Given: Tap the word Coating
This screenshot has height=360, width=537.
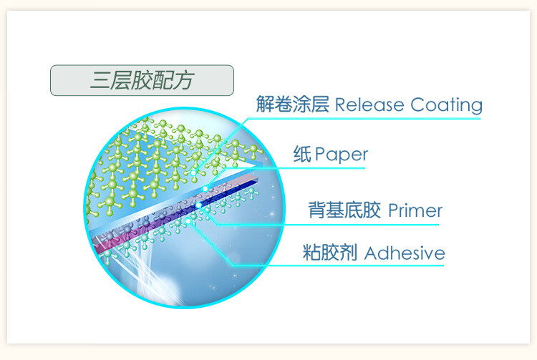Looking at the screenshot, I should [446, 105].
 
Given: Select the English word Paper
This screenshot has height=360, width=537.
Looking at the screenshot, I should [341, 154].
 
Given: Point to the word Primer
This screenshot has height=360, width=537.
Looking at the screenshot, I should [415, 210].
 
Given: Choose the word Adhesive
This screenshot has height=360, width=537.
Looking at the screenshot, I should [405, 253].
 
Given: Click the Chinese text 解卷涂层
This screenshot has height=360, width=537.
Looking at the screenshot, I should [292, 105].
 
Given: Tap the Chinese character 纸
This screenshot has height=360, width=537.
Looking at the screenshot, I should [302, 154].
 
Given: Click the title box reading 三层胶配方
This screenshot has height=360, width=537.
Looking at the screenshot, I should [141, 80].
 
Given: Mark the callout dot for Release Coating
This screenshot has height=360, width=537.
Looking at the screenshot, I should [194, 172].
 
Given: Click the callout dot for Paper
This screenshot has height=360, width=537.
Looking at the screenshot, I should [206, 188].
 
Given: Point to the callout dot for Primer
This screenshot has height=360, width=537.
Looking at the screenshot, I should [198, 206].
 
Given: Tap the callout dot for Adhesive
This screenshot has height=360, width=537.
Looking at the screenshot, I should [190, 222].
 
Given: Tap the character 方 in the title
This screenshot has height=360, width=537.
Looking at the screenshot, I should [184, 80].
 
